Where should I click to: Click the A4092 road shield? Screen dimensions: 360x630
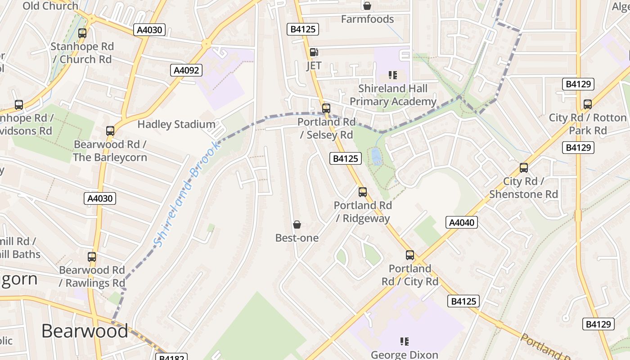[x=186, y=70]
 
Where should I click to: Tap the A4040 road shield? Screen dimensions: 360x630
[x=462, y=222]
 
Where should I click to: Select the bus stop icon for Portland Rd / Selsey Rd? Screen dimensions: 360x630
[x=326, y=108]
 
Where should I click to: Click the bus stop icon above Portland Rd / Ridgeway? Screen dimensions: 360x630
[x=363, y=192]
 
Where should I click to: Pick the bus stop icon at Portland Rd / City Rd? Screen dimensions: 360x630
[x=410, y=255]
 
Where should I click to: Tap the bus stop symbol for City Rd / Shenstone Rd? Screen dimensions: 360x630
[x=524, y=168]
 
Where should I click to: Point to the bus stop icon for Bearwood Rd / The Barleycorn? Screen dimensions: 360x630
[x=110, y=131]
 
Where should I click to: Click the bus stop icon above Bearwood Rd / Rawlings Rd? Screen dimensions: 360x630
[x=92, y=257]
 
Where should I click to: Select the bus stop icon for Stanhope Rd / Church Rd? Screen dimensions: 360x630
[x=82, y=33]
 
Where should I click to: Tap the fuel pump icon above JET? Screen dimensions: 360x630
[x=314, y=52]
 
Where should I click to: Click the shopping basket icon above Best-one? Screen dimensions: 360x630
[x=297, y=225]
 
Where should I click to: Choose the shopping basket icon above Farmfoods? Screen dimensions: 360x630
[x=367, y=6]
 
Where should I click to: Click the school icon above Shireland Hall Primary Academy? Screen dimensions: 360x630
[x=393, y=75]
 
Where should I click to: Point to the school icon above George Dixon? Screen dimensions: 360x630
[x=405, y=342]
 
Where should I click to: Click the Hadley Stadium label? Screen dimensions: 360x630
[x=176, y=124]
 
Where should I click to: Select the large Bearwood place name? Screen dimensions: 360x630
[x=85, y=331]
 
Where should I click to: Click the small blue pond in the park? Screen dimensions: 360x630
[x=376, y=156]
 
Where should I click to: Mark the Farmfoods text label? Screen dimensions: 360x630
[x=367, y=19]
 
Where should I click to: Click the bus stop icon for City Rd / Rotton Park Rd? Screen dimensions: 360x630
[x=588, y=104]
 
